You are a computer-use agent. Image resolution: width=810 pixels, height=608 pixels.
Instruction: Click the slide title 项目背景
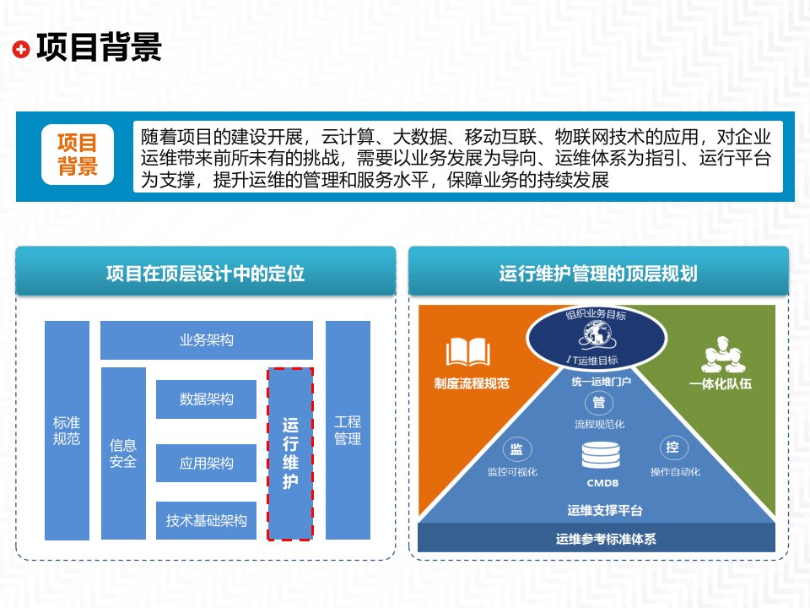(98, 48)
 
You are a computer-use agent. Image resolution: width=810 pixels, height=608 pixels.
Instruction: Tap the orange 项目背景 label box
(78, 155)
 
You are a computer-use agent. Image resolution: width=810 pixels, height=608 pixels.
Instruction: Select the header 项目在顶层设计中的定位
(205, 274)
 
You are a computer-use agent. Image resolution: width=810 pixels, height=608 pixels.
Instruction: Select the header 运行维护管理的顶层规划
(598, 274)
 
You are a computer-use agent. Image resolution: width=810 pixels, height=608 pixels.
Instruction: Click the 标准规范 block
(67, 430)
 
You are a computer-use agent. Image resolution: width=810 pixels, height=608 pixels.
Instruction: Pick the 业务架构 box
(207, 340)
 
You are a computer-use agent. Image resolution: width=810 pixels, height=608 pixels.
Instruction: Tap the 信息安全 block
(123, 453)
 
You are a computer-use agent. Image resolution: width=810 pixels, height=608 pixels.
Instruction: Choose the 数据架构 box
(207, 399)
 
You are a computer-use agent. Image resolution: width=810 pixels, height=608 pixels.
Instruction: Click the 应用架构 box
(207, 463)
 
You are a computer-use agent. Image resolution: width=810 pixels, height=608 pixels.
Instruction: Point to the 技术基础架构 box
(207, 521)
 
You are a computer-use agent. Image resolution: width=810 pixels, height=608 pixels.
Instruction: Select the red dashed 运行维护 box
(290, 453)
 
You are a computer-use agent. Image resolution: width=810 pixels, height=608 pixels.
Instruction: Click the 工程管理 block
(348, 430)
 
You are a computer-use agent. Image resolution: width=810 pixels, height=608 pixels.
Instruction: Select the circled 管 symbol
(599, 402)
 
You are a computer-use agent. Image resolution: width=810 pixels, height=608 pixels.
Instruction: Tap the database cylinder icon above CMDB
(601, 457)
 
